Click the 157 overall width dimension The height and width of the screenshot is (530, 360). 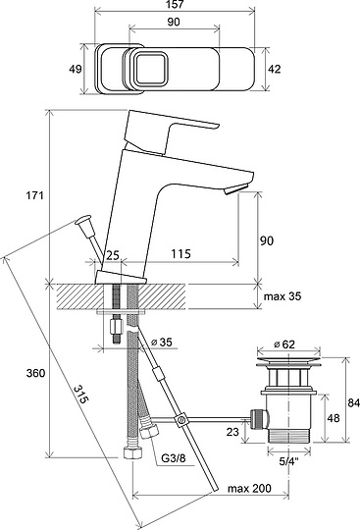[x=175, y=4]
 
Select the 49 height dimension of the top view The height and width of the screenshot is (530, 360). [x=75, y=69]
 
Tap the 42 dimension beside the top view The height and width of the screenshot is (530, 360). [x=274, y=69]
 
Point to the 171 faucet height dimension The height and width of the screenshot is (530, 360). [x=35, y=195]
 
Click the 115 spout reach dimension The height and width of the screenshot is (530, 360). [x=181, y=253]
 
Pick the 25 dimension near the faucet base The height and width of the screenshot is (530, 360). [x=113, y=255]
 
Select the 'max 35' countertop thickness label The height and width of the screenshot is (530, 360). [x=283, y=296]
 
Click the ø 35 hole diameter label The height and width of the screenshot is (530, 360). [x=161, y=343]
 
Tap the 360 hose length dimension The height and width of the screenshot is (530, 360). [x=35, y=373]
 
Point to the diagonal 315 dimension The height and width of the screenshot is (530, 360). [x=81, y=394]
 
